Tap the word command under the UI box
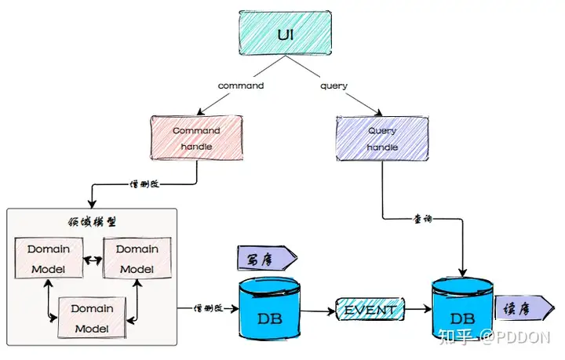pos(241,85)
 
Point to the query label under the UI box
pos(334,85)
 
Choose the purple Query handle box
pos(382,139)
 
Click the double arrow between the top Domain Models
pos(93,258)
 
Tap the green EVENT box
pos(370,310)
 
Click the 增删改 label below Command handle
pos(146,186)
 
